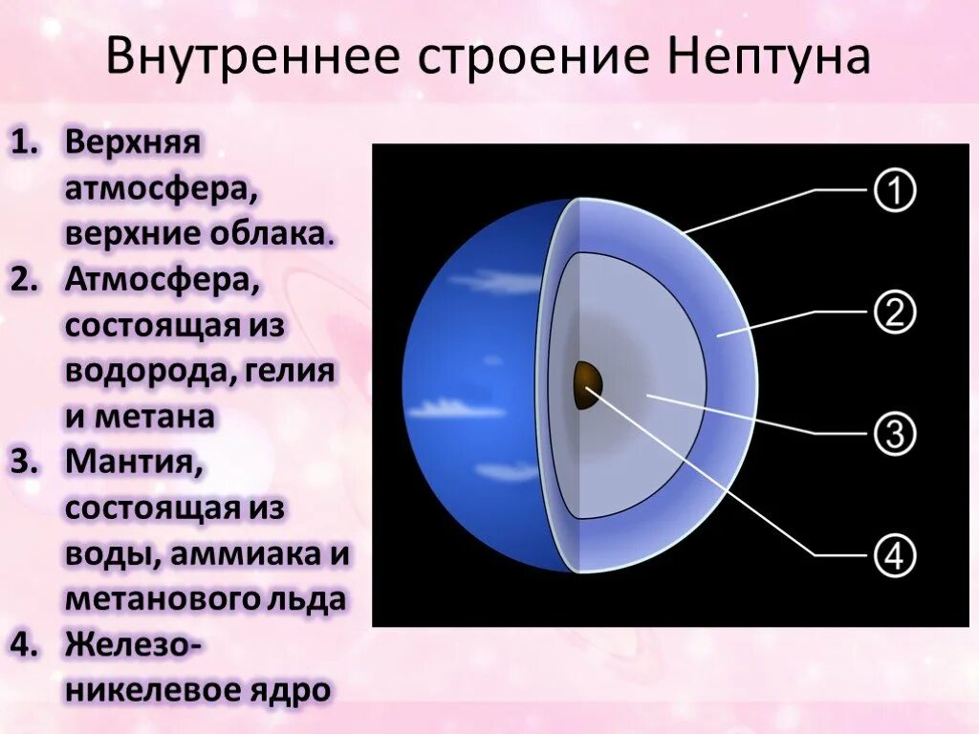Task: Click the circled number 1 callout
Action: click(895, 191)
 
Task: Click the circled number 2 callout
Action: click(895, 313)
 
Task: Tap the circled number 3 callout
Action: click(895, 434)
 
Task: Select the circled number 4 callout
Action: click(895, 555)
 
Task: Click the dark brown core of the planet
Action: click(586, 385)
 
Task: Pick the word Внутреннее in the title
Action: click(254, 56)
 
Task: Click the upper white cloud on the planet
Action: click(497, 281)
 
